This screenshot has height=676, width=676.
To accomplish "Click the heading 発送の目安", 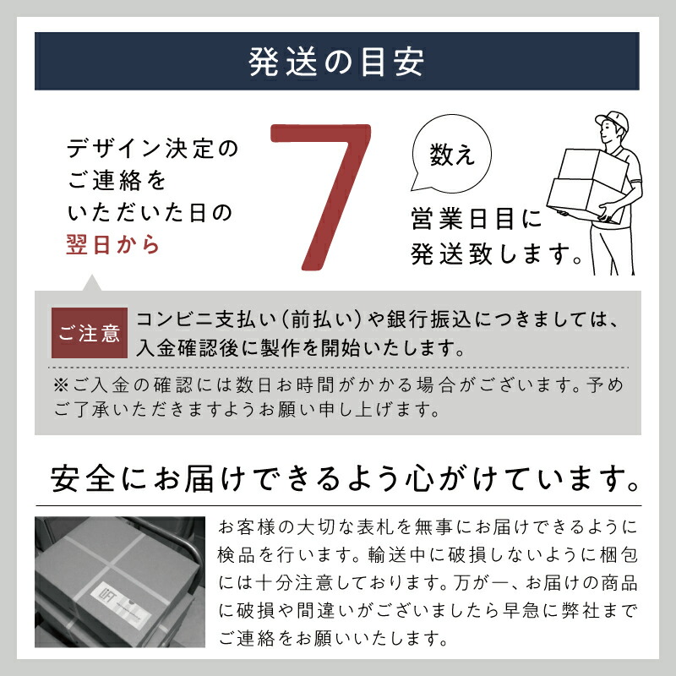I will [338, 62].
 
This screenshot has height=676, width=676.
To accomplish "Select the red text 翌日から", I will [112, 244].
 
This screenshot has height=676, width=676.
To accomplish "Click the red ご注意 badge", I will [90, 333].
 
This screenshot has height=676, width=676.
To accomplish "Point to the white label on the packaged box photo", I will [123, 591].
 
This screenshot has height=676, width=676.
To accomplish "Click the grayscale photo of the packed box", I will [119, 581].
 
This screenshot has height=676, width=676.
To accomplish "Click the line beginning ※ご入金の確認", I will [338, 384].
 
